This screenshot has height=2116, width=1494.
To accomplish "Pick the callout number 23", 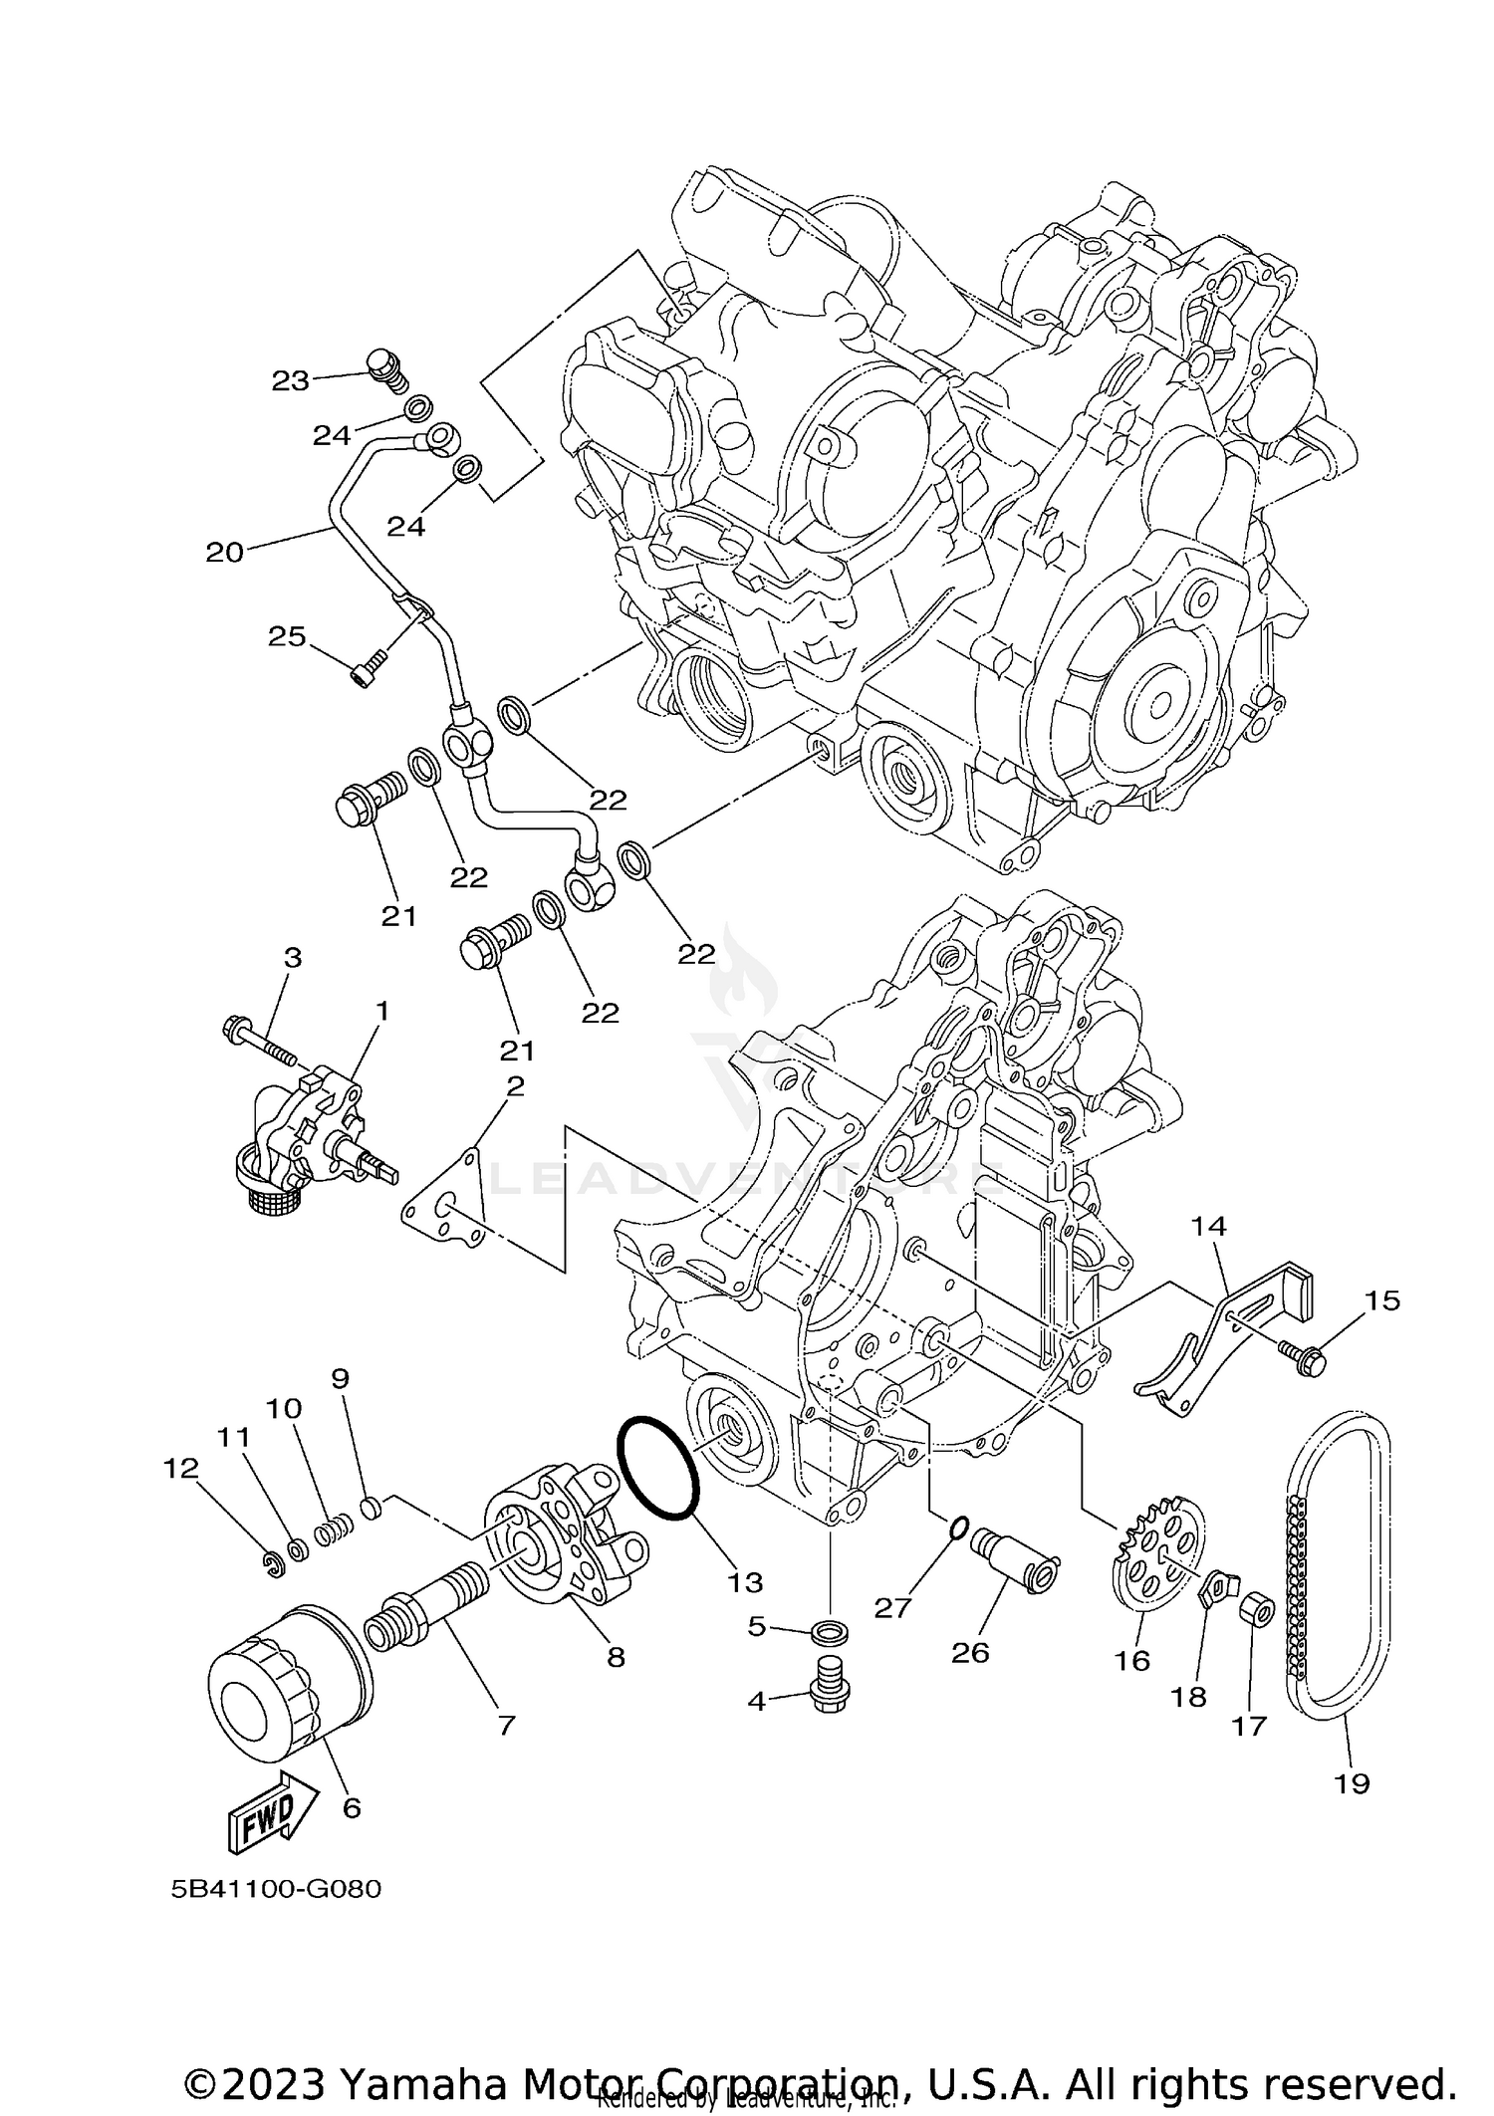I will click(x=290, y=380).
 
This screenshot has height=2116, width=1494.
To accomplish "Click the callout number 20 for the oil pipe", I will click(x=224, y=552).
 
